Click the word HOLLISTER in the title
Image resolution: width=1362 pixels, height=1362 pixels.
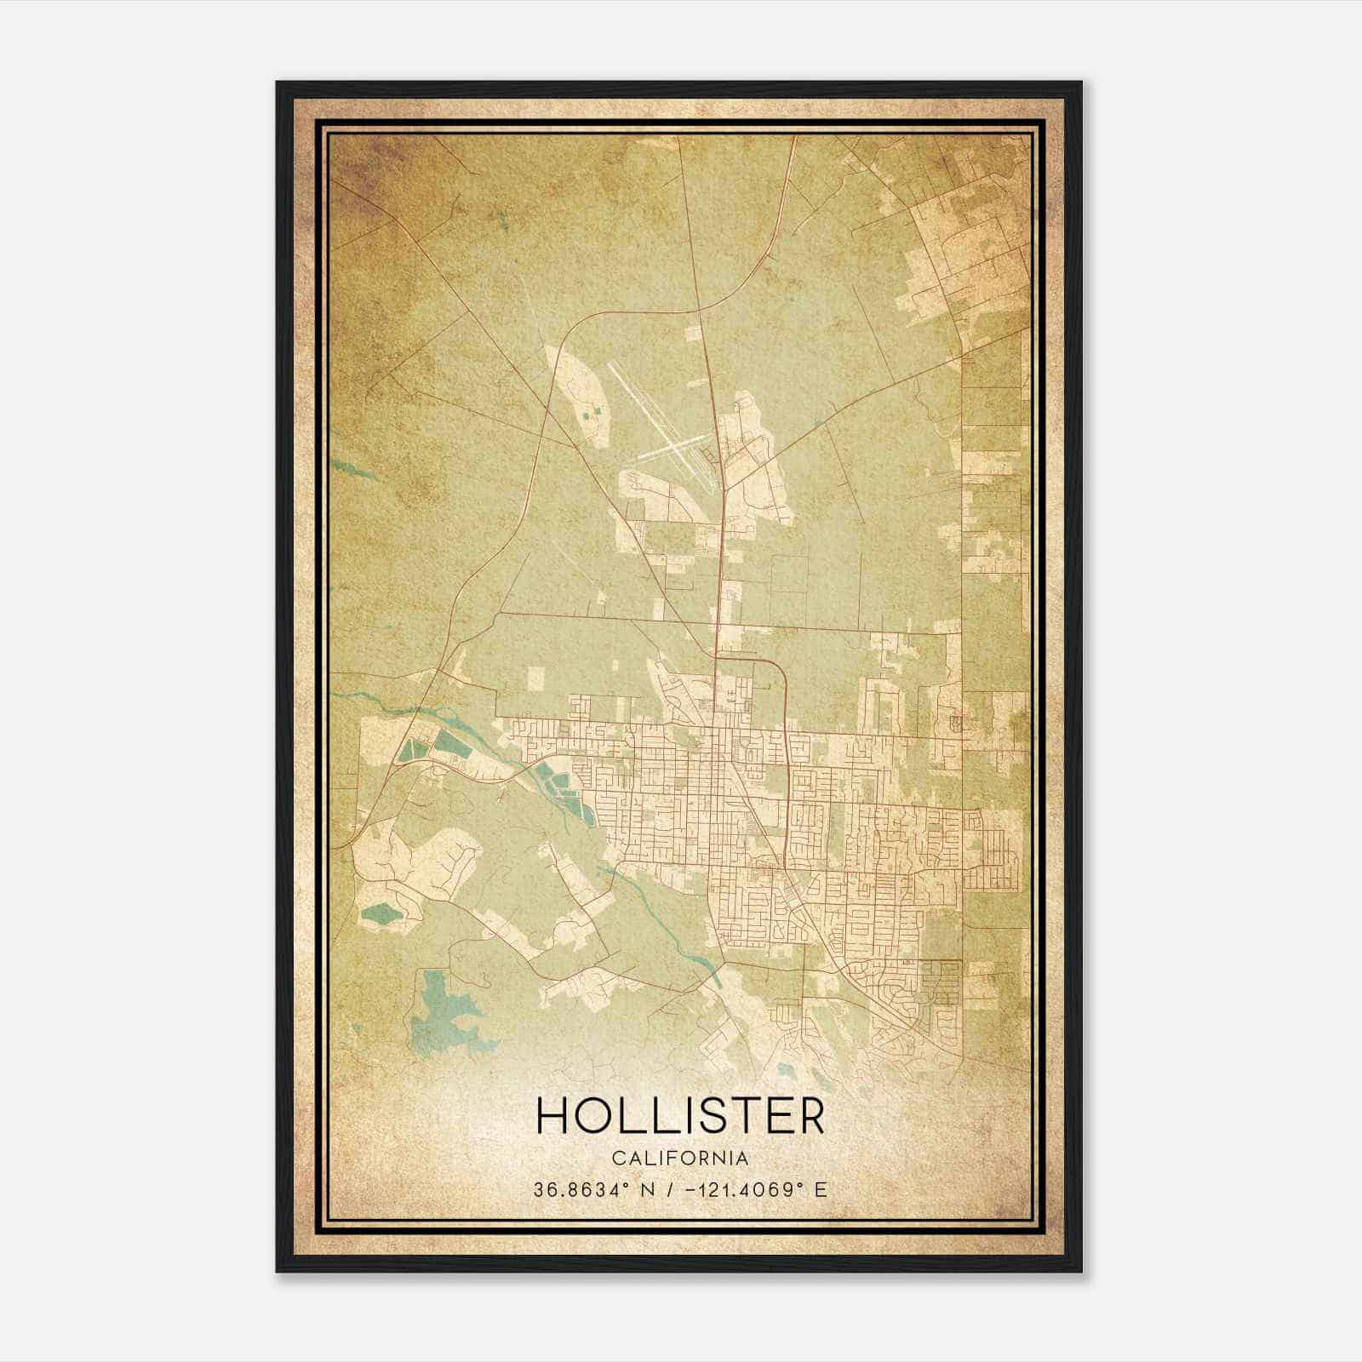point(680,1115)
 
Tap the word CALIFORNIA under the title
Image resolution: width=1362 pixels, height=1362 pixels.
point(680,1158)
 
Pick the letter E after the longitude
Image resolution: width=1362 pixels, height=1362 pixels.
point(821,1190)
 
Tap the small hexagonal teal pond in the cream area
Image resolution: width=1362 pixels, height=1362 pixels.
point(381,916)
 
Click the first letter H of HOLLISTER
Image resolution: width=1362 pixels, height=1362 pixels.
point(553,1115)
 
